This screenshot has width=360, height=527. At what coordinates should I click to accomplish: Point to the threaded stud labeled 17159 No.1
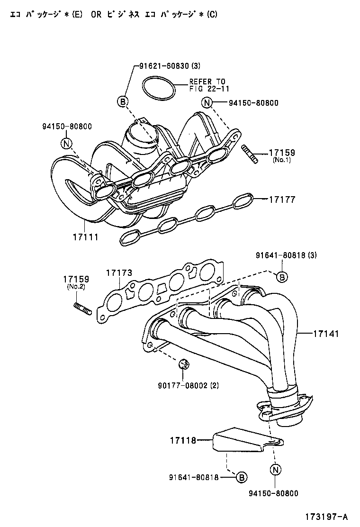pos(250,155)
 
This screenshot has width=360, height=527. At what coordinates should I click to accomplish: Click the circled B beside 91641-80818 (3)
pos(281,277)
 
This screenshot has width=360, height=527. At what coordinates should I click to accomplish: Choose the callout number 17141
pos(325,334)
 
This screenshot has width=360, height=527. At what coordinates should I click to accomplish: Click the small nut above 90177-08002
pos(184,364)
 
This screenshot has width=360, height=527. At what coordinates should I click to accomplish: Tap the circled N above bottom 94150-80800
pos(275,470)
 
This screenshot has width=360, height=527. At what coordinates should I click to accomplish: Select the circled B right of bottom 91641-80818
pos(241,477)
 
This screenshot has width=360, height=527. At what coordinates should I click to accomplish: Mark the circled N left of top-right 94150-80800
pos(207,102)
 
